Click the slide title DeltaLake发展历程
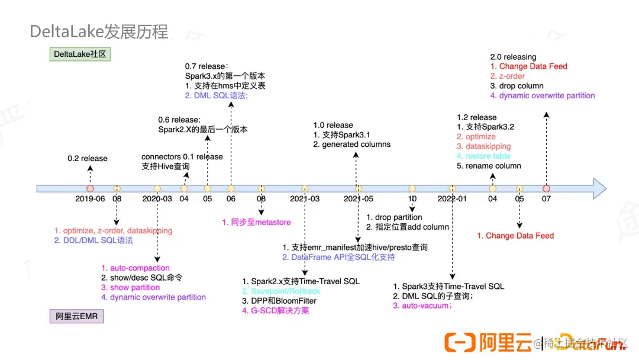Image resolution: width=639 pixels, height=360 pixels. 99,31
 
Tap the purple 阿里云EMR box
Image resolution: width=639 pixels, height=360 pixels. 76,317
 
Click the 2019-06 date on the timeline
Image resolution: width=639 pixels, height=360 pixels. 90,199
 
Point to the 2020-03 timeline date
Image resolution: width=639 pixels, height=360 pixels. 157,199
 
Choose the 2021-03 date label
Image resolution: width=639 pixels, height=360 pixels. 305,199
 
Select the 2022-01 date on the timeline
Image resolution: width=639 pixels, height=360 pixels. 452,199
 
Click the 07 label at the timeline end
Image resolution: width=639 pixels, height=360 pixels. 546,199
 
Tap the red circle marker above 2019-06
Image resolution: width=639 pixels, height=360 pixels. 91,188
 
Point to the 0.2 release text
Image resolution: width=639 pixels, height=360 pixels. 88,159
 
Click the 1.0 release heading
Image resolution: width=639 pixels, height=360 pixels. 333,125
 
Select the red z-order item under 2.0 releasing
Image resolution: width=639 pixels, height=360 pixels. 507,76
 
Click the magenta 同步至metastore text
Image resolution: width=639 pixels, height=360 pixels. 256,222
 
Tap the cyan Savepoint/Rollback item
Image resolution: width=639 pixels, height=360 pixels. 281,291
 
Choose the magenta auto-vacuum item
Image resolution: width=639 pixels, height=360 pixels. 422,306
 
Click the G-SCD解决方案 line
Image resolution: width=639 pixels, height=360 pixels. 276,310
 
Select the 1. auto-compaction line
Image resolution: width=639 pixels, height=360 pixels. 135,268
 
